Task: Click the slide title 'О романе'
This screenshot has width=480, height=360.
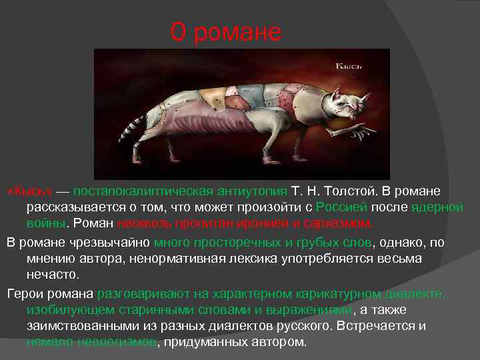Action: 227,32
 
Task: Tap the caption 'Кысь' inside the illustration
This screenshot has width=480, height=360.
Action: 348,67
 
